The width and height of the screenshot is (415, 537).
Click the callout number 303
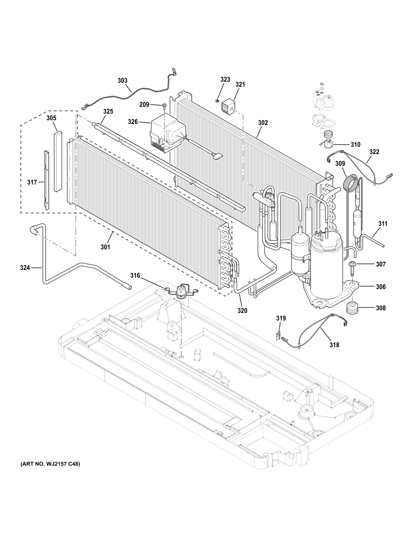point(122,81)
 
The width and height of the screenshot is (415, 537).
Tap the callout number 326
point(133,122)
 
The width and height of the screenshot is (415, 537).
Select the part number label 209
point(144,105)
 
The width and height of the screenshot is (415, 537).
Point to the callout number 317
point(32,182)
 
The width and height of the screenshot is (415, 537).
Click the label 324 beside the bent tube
point(25,267)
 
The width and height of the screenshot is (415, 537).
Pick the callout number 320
point(242,311)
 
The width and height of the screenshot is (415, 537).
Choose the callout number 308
point(381,308)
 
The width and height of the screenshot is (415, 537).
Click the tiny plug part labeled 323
point(217,101)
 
